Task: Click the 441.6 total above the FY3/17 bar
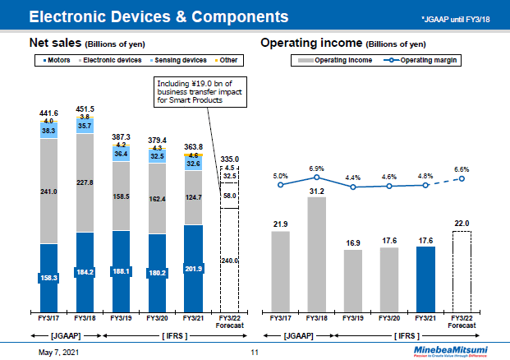(x=48, y=113)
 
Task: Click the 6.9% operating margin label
(x=316, y=168)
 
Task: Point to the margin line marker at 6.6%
(x=462, y=178)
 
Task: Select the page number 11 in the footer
(x=255, y=352)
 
